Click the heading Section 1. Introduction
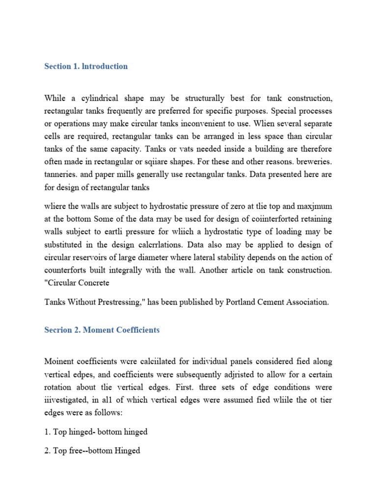tap(86, 66)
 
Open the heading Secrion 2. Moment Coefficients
tap(102, 330)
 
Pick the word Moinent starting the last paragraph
tap(59, 361)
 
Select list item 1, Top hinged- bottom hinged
tap(96, 432)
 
